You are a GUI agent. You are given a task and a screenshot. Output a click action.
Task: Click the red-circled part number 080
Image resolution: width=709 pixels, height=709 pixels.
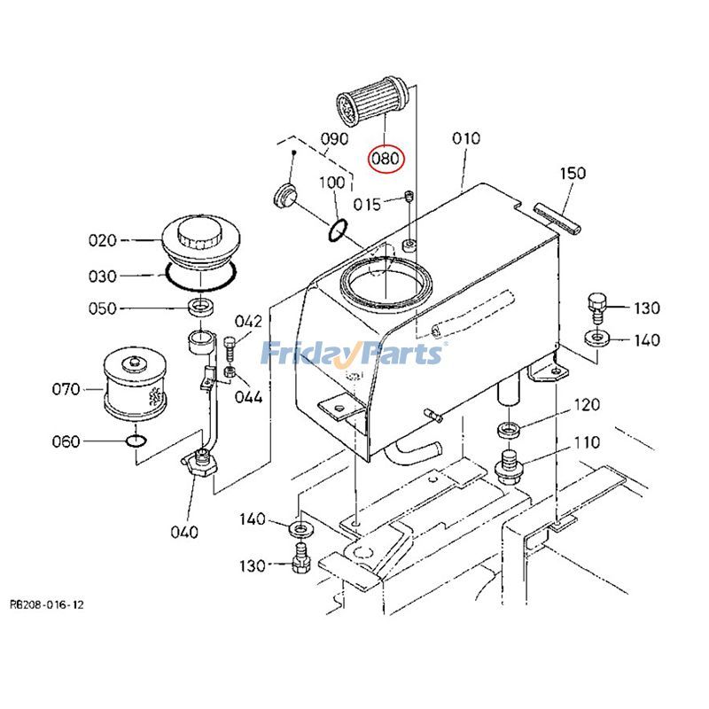386,160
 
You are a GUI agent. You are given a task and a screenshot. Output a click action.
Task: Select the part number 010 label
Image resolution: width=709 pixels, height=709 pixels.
466,138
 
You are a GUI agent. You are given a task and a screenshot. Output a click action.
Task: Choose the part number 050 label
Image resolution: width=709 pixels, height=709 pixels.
102,308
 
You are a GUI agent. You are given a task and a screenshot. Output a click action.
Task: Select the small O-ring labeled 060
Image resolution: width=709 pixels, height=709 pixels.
134,440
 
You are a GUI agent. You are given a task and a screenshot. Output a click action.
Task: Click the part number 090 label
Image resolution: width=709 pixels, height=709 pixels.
333,139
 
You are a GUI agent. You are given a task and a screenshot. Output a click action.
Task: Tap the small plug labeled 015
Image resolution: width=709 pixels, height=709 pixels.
409,197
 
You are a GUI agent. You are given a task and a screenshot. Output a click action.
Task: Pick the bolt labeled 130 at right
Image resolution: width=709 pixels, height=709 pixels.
596,305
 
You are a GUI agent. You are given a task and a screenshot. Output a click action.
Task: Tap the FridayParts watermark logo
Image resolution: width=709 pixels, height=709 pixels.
352,354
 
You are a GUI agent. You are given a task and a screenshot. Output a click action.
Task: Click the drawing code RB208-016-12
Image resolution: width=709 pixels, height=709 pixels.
48,604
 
